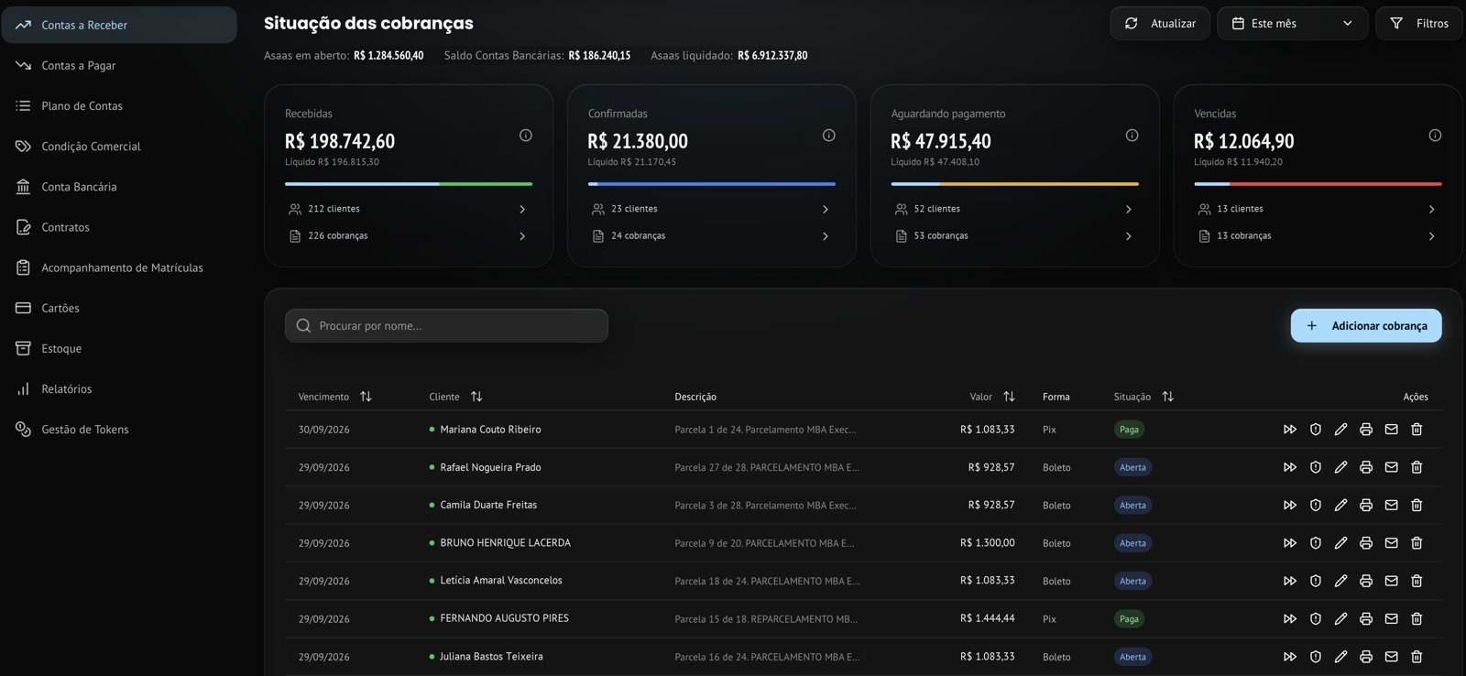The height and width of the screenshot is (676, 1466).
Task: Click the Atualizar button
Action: [x=1160, y=24]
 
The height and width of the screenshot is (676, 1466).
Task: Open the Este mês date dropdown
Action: [x=1292, y=24]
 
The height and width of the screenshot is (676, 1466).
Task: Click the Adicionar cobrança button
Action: [x=1366, y=326]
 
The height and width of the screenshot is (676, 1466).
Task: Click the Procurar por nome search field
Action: [x=446, y=326]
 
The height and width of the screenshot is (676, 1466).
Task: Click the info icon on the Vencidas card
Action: [x=1435, y=136]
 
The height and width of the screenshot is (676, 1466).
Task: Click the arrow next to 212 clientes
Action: [x=522, y=210]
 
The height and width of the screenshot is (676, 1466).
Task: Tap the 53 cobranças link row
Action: [x=1014, y=235]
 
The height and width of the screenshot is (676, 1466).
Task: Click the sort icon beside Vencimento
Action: [x=366, y=397]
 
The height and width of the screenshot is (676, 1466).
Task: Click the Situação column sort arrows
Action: [x=1167, y=397]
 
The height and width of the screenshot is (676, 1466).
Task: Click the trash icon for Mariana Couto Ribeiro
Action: [x=1417, y=430]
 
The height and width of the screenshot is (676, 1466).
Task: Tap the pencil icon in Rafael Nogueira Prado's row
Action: [x=1340, y=467]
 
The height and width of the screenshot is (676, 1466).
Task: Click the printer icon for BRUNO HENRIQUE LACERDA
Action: [x=1366, y=543]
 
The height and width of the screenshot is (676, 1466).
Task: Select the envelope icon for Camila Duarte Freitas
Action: [x=1392, y=506]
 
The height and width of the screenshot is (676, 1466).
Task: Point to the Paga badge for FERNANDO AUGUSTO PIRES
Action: [x=1129, y=619]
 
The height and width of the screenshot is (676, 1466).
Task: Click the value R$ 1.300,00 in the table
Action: [x=988, y=543]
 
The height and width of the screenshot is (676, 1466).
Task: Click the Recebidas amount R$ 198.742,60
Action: [x=340, y=141]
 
